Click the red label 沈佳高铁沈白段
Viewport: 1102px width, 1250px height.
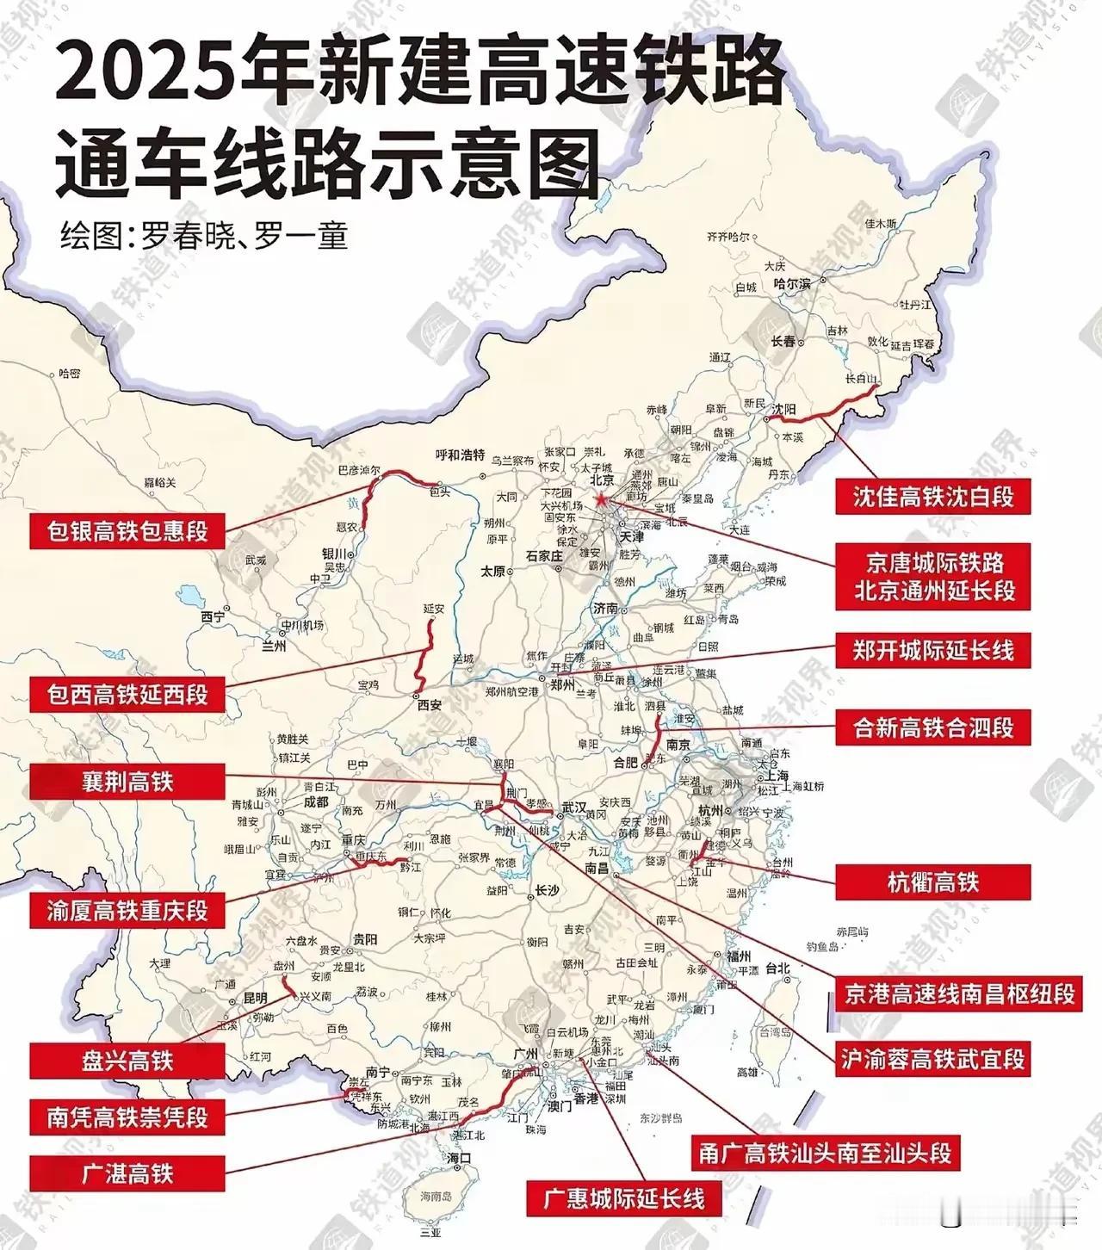[x=932, y=497]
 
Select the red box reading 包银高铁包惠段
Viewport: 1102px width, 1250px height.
[x=127, y=530]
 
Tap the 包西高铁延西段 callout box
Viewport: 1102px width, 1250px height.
[x=127, y=694]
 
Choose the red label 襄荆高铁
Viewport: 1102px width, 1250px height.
[x=127, y=782]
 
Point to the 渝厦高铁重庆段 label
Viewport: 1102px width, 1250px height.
[x=127, y=910]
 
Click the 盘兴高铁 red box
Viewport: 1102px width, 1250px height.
[x=127, y=1061]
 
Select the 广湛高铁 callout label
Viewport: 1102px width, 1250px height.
[x=127, y=1173]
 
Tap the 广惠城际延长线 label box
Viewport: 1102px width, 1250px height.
[x=623, y=1198]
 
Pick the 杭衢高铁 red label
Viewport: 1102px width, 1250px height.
[x=932, y=882]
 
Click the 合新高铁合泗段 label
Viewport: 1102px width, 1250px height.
[x=932, y=728]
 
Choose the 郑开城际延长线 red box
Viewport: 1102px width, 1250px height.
[x=932, y=650]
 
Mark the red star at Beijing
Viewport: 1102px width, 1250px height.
[x=601, y=499]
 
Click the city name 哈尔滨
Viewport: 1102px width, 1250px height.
[x=791, y=283]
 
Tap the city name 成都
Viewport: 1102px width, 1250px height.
[x=316, y=801]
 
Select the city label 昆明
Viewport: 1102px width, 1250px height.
[x=255, y=998]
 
